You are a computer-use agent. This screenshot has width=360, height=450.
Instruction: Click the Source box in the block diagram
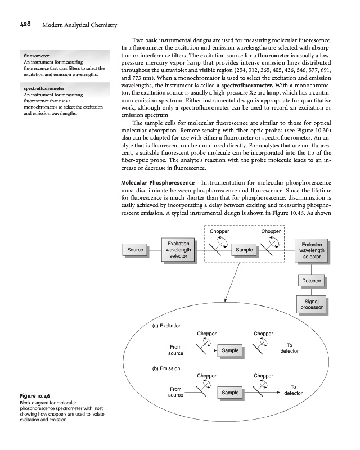point(135,249)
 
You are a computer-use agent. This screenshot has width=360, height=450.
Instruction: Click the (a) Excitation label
point(168,326)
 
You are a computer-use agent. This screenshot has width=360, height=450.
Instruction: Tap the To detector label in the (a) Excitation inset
point(289,348)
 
